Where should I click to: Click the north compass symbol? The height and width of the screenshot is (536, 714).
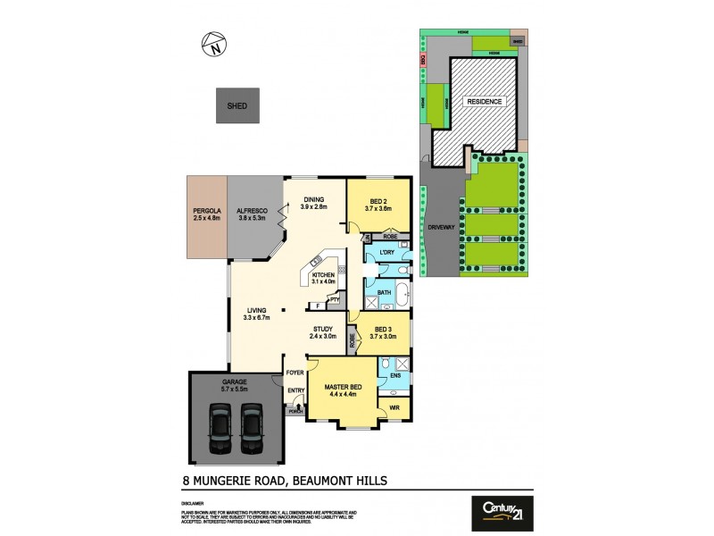[x=214, y=45]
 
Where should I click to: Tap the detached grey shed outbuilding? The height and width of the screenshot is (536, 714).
[x=237, y=105]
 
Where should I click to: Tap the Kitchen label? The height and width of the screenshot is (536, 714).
[x=323, y=274]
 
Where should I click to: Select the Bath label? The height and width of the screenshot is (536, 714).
[x=385, y=292]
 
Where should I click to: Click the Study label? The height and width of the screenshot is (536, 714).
[x=321, y=329]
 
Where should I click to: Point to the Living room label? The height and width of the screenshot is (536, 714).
[x=257, y=310]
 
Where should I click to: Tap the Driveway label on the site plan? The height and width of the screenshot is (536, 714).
[x=442, y=228]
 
